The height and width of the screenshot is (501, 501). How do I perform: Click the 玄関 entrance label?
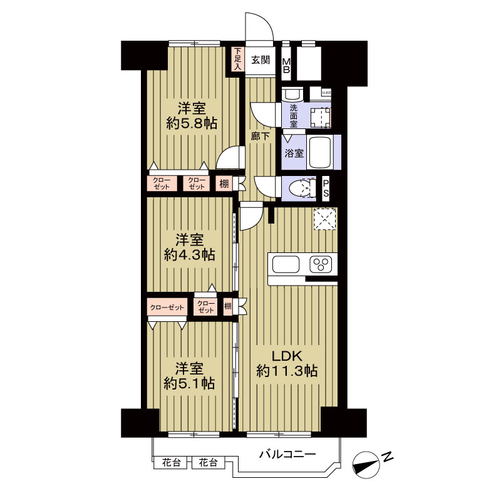click(261, 60)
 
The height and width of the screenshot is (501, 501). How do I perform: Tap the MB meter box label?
click(286, 66)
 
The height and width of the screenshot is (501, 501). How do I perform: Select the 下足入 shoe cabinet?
click(237, 59)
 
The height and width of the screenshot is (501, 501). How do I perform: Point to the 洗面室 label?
click(293, 116)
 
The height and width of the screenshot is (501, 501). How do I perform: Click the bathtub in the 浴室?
click(319, 152)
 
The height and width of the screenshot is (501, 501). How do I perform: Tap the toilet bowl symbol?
click(303, 188)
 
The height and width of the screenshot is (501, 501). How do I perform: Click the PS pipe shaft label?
click(326, 188)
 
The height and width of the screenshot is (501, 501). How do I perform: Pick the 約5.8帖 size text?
click(192, 123)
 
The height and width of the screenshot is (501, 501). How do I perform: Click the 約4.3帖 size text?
click(190, 255)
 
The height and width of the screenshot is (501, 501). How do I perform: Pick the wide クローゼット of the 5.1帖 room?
click(168, 307)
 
